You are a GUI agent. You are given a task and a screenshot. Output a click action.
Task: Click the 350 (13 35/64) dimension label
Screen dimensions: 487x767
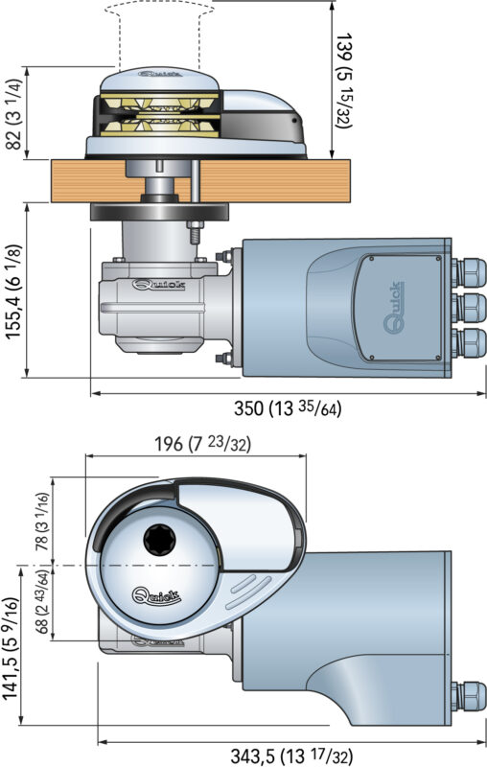click(x=288, y=408)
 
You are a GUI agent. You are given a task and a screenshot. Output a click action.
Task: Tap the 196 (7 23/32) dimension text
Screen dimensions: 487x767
click(x=202, y=444)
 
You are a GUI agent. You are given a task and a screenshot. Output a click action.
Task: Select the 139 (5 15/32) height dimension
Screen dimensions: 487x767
click(x=345, y=81)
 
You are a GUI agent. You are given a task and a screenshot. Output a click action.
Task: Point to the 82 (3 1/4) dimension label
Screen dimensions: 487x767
click(x=14, y=114)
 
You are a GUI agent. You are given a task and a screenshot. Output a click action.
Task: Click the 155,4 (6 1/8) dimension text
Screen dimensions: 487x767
click(x=14, y=291)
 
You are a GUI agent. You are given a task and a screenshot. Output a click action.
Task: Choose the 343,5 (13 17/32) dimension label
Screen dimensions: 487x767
click(x=291, y=755)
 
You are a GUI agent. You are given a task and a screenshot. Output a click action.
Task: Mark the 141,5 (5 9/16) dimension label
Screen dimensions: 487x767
click(x=11, y=649)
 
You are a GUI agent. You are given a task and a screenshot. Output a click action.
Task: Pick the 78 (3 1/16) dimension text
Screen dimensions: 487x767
click(x=42, y=522)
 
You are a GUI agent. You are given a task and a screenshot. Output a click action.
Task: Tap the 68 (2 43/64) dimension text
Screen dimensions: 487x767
click(x=42, y=602)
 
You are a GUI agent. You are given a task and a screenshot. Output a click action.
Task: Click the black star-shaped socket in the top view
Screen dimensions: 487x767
click(x=159, y=540)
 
